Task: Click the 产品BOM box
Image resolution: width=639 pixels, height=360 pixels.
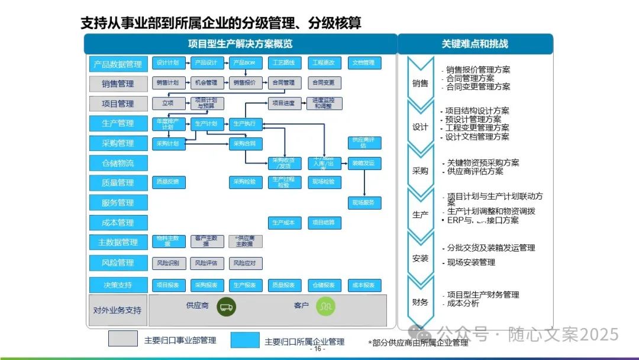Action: pos(246,63)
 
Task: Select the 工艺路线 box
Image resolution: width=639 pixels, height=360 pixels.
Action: pos(285,63)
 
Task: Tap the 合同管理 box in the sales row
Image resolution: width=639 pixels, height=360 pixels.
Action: pos(285,83)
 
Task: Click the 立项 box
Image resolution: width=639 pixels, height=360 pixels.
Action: pos(169,103)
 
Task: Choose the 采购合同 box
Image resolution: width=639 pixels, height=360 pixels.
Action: pos(246,143)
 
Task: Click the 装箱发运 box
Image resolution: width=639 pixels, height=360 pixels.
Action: pos(364,163)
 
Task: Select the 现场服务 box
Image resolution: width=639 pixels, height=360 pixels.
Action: pos(364,203)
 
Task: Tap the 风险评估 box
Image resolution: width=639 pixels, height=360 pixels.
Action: pos(207,263)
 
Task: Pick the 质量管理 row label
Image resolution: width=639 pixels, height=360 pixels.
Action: pos(118,183)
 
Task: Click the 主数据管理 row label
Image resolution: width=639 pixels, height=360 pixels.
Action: pos(118,242)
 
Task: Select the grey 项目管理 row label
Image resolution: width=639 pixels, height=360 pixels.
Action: pos(118,104)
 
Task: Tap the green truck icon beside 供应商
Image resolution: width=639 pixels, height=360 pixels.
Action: pos(226,307)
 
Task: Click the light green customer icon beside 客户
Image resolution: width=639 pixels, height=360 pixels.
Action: pos(325,306)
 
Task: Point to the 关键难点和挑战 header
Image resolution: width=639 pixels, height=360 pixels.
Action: pos(475,44)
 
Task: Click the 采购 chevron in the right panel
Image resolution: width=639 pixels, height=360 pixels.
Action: pos(420,171)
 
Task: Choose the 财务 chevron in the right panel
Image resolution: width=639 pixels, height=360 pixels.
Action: pos(420,302)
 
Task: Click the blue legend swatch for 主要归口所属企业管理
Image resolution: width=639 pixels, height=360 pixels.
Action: pos(245,340)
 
